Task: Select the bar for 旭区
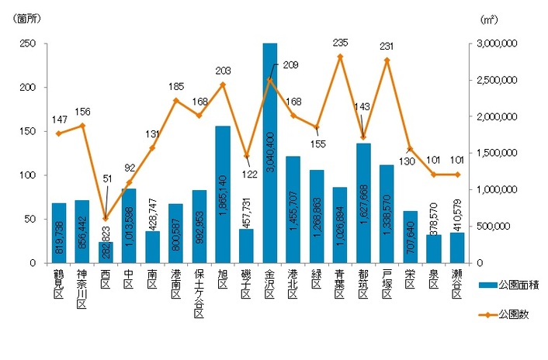[x=223, y=194]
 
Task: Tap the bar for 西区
[x=106, y=252]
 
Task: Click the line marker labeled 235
[x=339, y=57]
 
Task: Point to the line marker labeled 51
[x=106, y=218]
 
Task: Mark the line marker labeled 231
[x=386, y=60]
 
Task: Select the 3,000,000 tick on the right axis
[x=494, y=44]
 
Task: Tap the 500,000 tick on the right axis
[x=491, y=227]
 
